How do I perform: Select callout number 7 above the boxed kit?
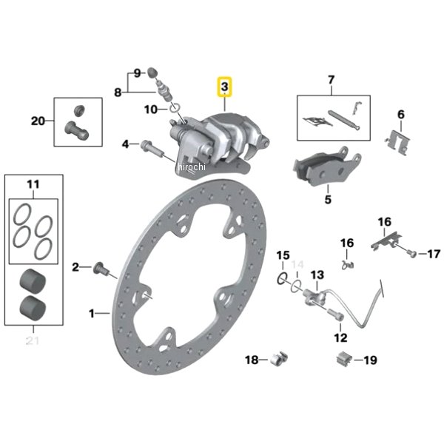coord(331,79)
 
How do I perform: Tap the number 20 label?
coord(38,120)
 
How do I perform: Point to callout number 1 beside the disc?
coord(92,313)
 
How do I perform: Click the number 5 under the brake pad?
coord(327,199)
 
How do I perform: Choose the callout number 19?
coord(370,360)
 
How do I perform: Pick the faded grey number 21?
coord(32,341)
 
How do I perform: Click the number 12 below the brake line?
coord(340,338)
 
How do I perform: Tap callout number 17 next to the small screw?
coord(434,254)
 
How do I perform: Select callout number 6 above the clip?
coord(400,114)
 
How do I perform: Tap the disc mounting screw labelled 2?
coord(101,268)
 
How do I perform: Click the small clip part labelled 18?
coord(280,359)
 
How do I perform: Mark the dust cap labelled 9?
coord(153,73)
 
